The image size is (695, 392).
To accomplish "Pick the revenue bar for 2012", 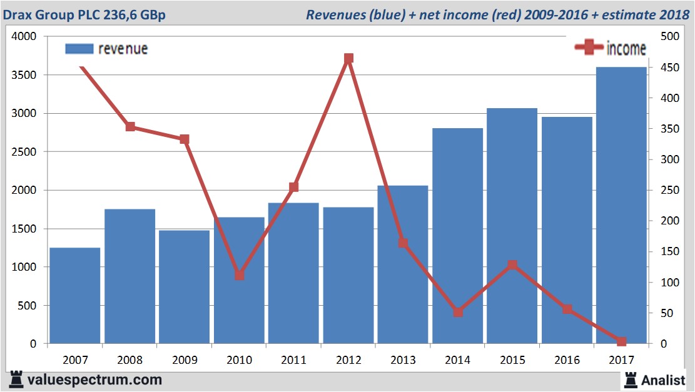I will [348, 275].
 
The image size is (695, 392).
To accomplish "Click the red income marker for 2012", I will [348, 59].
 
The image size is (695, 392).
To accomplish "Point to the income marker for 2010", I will [239, 275].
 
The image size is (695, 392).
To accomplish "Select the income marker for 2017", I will [621, 341].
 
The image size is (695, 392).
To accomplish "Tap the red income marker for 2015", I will [512, 265].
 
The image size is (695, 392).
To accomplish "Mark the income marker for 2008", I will [130, 127].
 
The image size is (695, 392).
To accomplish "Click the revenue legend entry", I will [107, 49].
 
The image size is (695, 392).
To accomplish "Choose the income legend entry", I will [610, 48].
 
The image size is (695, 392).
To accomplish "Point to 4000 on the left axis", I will [24, 37].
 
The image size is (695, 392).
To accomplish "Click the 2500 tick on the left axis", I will [24, 152].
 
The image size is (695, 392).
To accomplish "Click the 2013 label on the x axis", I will [403, 360].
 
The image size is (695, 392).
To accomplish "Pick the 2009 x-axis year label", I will [185, 360].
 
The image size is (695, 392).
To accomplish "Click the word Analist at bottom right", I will [663, 379].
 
